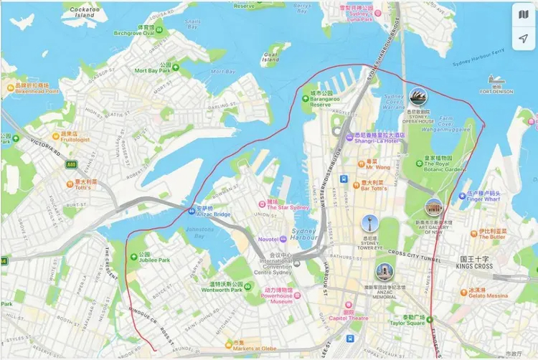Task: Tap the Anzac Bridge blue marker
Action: tap(191, 211)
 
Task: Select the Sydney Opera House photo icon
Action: tap(417, 96)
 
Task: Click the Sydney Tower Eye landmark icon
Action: tap(369, 223)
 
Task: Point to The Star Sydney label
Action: tap(288, 208)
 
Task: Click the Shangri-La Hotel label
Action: tap(380, 141)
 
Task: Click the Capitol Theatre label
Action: tap(349, 318)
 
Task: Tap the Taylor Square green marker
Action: tap(431, 319)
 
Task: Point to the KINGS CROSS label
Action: tap(474, 267)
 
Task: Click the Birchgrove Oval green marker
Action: tap(159, 31)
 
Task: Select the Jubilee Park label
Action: tap(154, 260)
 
